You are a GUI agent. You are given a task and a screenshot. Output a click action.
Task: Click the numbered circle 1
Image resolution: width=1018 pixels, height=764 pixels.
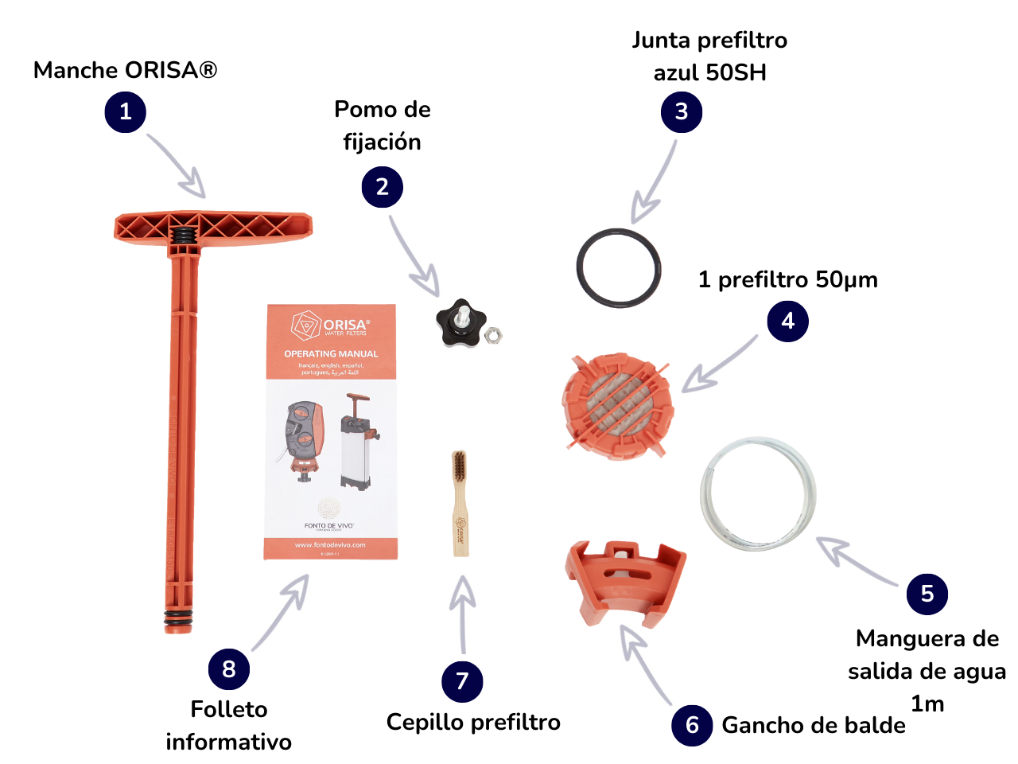126,112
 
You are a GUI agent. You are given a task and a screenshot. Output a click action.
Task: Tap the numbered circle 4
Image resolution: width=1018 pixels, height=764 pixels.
787,322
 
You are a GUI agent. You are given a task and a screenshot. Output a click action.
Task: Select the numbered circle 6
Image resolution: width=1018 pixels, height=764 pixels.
692,725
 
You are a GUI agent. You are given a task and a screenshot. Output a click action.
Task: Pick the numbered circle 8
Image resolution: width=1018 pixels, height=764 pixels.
229,669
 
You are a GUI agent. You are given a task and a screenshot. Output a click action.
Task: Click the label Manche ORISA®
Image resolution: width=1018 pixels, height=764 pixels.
125,70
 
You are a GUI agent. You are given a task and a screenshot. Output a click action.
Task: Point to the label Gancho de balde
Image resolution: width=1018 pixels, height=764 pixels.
814,725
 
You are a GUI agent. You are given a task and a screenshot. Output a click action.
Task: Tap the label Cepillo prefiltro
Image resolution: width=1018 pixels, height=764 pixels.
473,722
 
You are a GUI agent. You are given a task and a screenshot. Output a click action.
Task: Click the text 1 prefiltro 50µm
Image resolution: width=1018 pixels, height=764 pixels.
787,279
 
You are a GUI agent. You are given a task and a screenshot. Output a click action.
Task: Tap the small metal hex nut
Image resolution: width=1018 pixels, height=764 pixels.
493,334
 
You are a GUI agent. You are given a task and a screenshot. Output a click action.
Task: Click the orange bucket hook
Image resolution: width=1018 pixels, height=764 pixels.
625,585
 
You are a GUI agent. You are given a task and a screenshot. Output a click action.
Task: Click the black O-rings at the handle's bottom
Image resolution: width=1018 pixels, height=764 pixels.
178,618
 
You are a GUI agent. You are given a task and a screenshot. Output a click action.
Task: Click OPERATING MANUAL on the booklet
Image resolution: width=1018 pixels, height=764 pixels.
331,353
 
